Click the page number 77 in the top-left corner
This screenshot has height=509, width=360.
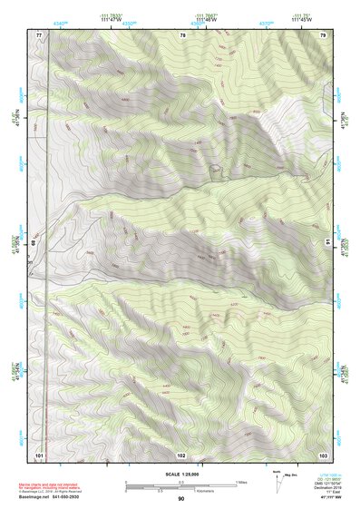click(39, 34)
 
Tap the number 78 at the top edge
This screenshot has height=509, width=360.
click(183, 34)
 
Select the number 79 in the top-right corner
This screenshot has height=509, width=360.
click(323, 34)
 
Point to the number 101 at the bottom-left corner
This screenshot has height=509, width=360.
click(39, 454)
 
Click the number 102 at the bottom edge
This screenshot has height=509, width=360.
click(181, 454)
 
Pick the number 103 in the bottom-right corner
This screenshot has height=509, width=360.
click(323, 454)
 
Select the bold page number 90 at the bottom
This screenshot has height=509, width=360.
click(180, 499)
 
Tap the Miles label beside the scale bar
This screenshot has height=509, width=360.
click(241, 482)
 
